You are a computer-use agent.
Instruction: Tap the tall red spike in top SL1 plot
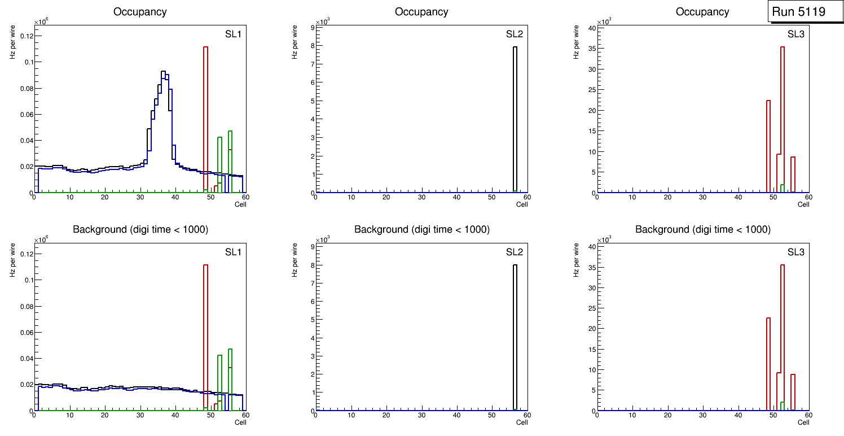pos(206,113)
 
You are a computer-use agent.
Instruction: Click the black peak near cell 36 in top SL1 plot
pos(163,72)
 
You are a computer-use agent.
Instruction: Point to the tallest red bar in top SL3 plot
pos(783,113)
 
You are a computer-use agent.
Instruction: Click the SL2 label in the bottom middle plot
pos(515,252)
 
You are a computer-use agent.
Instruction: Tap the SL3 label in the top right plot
pos(796,34)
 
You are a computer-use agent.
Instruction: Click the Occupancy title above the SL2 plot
pos(421,12)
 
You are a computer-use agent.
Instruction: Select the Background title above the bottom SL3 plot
pos(703,229)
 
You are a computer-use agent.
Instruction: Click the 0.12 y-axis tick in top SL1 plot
pos(27,36)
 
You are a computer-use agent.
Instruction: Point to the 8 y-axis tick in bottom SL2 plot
pos(310,265)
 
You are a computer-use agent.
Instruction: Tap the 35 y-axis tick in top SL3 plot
pos(591,49)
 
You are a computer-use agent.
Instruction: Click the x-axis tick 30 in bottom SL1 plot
pos(140,416)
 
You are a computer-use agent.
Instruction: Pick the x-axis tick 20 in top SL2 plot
pos(386,198)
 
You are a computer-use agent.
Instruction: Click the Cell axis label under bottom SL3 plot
pos(803,422)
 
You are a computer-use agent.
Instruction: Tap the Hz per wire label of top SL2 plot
pos(294,42)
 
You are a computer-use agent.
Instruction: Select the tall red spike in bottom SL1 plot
pos(206,333)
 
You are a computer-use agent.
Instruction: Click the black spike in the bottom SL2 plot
pos(515,333)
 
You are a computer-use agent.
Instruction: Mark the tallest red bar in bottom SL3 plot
pos(783,333)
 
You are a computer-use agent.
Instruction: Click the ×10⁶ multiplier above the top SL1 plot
pos(40,22)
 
